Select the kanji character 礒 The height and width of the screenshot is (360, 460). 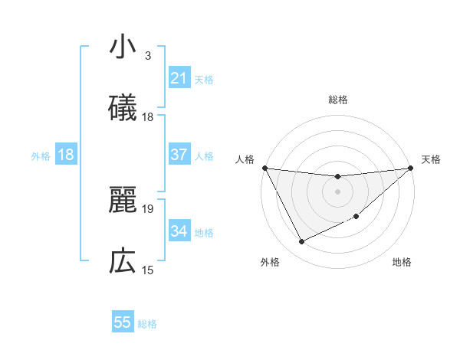[x=123, y=109]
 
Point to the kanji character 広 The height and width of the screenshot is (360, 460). [x=123, y=262]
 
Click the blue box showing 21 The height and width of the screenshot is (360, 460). [x=179, y=78]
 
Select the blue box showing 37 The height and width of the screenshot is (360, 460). [x=179, y=155]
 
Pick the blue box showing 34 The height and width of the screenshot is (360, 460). [x=179, y=231]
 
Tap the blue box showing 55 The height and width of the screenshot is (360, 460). [x=123, y=322]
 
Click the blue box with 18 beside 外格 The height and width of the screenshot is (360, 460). [x=66, y=155]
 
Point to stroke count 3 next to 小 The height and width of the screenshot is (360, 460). [x=148, y=56]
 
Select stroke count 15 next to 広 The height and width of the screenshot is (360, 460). [x=148, y=270]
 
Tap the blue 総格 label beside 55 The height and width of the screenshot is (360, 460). [x=147, y=323]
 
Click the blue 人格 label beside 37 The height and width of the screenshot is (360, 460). [x=204, y=155]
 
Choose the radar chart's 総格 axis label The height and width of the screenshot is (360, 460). [x=338, y=100]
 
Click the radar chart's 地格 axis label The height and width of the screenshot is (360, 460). [x=402, y=262]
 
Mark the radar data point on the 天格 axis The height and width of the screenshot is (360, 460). [x=411, y=168]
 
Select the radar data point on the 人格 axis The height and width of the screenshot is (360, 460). [x=265, y=168]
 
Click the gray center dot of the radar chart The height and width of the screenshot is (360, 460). [x=338, y=191]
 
